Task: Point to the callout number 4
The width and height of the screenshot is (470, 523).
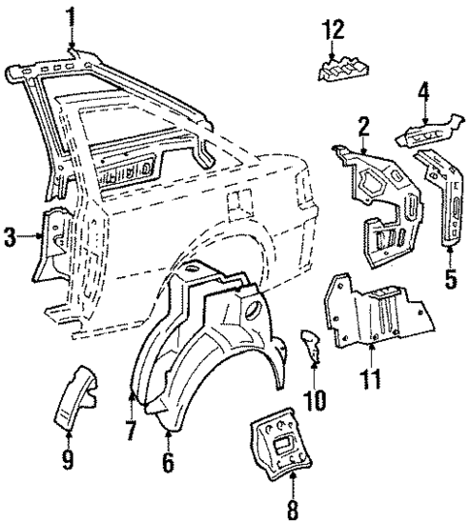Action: pos(423,94)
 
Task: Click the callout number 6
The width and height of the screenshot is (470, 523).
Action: pos(168,464)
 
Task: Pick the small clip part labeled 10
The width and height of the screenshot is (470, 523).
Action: pos(311,343)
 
